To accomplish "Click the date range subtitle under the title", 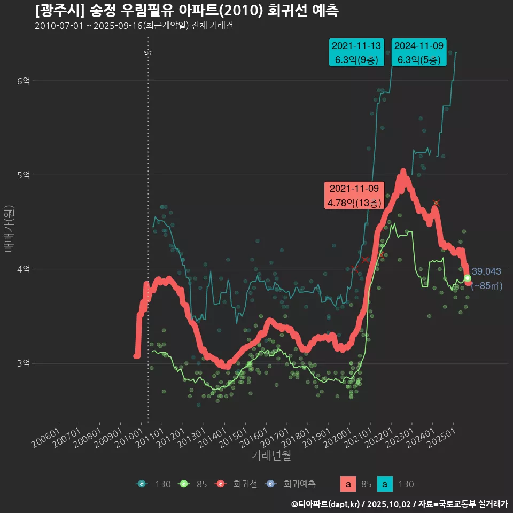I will (134, 26).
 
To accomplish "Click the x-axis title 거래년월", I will (271, 456).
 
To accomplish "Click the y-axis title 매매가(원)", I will (9, 228).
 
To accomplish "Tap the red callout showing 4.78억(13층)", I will (354, 196).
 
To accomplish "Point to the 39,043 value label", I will (486, 271).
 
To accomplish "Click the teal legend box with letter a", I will (385, 484).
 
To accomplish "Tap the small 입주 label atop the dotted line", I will (148, 52).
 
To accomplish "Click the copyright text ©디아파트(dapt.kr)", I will (326, 504).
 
